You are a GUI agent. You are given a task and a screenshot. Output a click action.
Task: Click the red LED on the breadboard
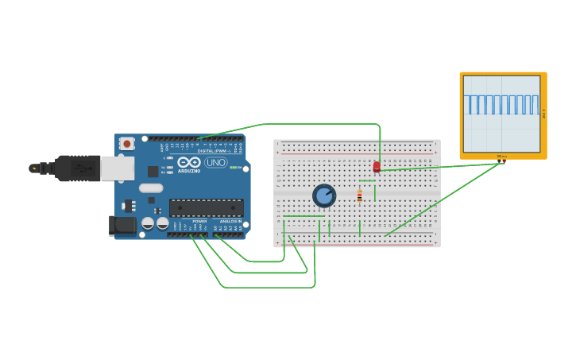click(377, 167)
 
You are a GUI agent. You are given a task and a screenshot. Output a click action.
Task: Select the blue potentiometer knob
click(324, 195)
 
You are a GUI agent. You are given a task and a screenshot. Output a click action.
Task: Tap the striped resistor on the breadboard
click(359, 195)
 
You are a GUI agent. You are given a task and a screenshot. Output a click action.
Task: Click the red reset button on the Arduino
click(126, 144)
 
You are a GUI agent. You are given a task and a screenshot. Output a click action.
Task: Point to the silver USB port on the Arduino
click(117, 168)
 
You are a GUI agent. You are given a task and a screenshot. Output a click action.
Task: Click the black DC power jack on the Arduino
click(122, 226)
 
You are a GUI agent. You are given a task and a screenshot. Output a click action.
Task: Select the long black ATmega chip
click(206, 208)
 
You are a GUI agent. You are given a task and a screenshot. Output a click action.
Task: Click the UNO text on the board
click(216, 162)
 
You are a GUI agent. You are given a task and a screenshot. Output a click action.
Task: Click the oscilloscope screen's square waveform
click(502, 104)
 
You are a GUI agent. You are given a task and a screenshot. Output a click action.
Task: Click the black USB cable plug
click(76, 168)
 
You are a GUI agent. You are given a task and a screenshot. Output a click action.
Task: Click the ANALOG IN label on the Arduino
click(230, 221)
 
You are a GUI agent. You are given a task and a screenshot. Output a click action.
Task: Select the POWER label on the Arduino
click(199, 221)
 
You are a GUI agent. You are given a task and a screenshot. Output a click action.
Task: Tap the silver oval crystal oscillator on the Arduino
click(150, 188)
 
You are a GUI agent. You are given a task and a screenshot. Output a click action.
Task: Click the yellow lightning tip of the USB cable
click(33, 168)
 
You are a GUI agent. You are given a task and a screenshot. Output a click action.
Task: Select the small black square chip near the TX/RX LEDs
click(153, 171)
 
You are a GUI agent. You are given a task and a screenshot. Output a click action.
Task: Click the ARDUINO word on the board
click(189, 170)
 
